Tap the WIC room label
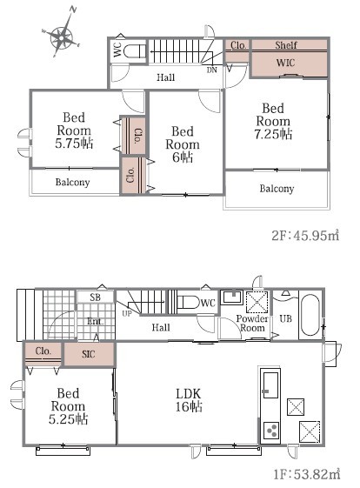(285, 63)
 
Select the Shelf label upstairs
(286, 45)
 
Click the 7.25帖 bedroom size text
(273, 134)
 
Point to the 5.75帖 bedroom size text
(74, 144)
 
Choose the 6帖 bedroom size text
(183, 157)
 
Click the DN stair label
(212, 70)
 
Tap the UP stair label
(127, 313)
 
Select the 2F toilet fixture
(134, 50)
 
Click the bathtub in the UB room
(310, 315)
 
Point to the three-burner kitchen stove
(271, 431)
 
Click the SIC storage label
(89, 354)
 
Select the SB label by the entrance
(95, 297)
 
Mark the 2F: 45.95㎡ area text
(305, 236)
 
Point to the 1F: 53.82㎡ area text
(307, 474)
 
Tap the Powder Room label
(252, 323)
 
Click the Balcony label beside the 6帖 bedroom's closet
(72, 182)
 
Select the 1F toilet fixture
(188, 302)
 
